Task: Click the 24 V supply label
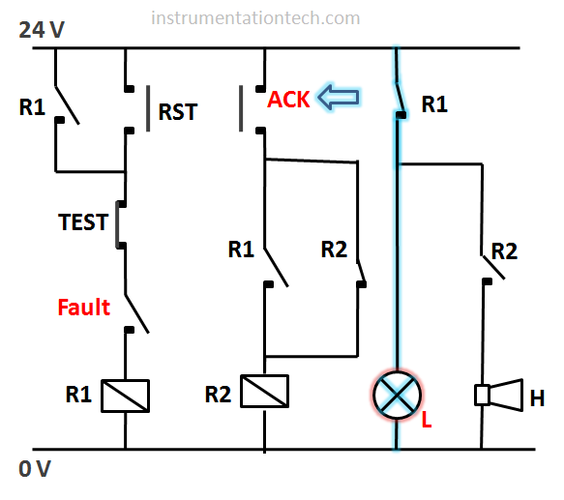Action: pos(42,29)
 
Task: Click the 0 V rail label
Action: pos(35,469)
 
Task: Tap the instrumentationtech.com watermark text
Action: pos(255,18)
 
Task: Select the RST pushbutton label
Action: pos(178,111)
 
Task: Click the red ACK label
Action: pos(288,100)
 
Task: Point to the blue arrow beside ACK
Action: pos(339,97)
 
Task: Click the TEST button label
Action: pos(83,221)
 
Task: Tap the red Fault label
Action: pos(83,308)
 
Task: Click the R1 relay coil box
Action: pos(125,396)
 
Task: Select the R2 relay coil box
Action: pos(264,391)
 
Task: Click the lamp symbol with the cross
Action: pos(397,395)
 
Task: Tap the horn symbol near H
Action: pos(499,395)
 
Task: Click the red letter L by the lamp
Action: pos(427,419)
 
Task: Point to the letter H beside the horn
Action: pos(537,398)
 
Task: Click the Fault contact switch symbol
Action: pos(136,313)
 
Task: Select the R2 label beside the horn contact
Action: pos(504,251)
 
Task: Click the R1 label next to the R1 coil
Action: pos(78,395)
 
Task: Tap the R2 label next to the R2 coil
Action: pos(218,395)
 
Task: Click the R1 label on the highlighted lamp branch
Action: pos(434,104)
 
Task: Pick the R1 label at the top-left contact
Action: pos(32,107)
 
